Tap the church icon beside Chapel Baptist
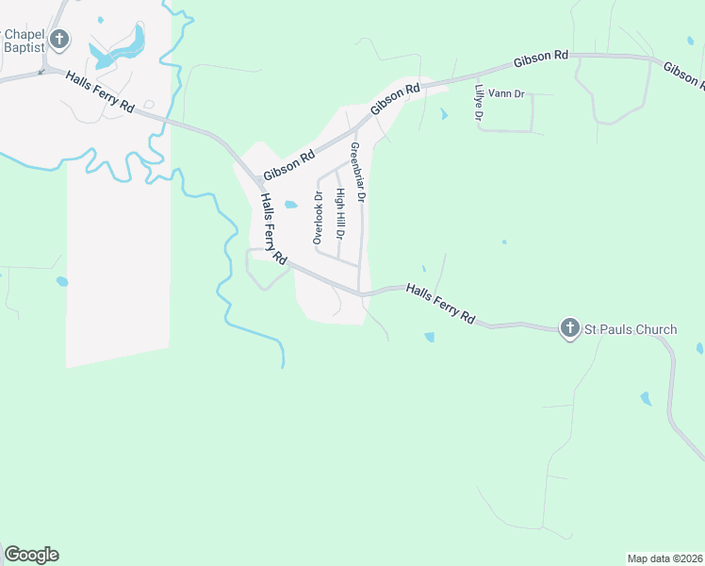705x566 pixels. point(59,39)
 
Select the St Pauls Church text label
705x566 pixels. point(631,329)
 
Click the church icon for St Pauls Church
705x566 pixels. point(570,327)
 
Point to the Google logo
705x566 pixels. point(31,555)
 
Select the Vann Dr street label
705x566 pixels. point(505,94)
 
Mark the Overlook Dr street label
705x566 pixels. point(318,218)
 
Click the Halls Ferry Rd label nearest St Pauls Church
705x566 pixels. point(441,304)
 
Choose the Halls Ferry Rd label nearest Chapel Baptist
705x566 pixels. point(101,92)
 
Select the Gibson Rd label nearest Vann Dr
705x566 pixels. point(540,58)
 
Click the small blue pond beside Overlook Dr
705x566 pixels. point(291,205)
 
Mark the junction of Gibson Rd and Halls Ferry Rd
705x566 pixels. point(256,179)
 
